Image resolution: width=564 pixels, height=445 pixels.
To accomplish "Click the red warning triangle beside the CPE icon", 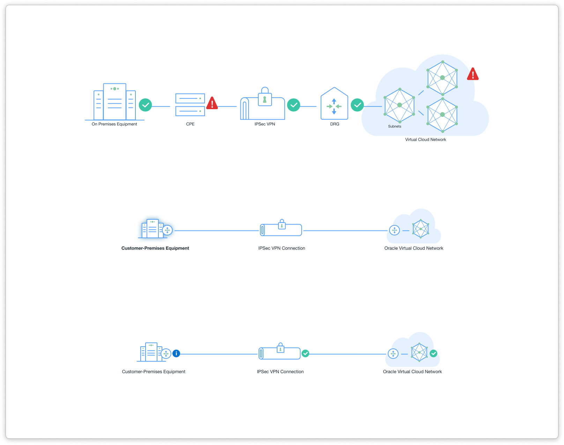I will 212,104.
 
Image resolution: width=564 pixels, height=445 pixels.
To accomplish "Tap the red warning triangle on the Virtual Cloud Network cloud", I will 473,74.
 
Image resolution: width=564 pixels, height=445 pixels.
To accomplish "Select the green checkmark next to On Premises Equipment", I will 145,105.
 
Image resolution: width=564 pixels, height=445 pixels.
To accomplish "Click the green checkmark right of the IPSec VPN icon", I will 294,105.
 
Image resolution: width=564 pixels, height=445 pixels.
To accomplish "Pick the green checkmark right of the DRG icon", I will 357,105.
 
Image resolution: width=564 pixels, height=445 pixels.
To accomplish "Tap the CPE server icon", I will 190,105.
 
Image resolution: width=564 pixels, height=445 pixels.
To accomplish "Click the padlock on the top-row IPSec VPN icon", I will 265,97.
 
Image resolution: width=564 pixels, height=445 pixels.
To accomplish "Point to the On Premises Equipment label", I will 114,124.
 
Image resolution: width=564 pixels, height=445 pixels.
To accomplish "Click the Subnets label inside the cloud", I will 394,126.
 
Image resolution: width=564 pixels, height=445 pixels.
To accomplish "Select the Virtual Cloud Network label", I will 425,139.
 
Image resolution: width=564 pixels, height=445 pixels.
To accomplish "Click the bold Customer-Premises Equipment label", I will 155,248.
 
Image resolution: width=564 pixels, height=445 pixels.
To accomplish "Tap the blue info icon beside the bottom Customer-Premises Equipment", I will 177,354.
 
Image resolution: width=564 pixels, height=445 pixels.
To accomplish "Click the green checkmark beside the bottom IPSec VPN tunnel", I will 305,354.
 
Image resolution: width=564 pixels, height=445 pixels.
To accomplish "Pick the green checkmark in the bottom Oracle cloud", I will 433,354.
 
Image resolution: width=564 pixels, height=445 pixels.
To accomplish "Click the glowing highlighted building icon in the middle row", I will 152,229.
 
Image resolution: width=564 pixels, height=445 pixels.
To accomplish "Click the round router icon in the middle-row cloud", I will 394,230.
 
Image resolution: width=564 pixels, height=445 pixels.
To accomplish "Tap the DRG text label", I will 334,124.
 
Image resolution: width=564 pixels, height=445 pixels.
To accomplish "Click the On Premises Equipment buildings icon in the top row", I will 114,102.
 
